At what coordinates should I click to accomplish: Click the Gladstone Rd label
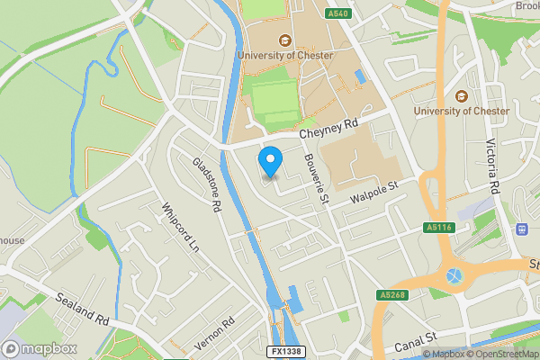(x=207, y=184)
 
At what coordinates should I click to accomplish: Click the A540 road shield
(x=338, y=14)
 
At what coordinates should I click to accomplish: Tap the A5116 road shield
(x=439, y=228)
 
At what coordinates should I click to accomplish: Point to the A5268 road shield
(x=392, y=294)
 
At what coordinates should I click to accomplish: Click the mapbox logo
(x=40, y=348)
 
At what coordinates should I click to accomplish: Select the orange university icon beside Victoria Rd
(x=462, y=96)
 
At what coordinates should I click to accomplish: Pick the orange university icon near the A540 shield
(x=285, y=40)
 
